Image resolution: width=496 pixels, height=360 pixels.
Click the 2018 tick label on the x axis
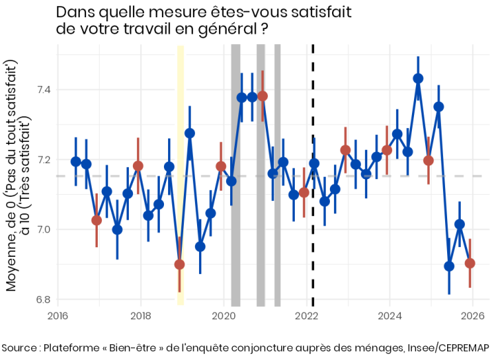(x=141, y=316)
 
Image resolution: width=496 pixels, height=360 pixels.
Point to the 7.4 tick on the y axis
(x=42, y=89)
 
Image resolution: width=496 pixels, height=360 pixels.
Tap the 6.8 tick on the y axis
(x=42, y=299)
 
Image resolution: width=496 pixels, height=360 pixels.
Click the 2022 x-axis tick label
(x=307, y=316)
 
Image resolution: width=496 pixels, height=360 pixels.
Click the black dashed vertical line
(x=313, y=207)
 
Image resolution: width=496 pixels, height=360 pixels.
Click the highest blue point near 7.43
(x=418, y=78)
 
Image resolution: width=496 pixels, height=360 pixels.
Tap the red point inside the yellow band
(x=180, y=264)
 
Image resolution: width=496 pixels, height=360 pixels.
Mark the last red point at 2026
(x=470, y=263)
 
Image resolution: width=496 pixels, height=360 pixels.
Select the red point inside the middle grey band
(x=262, y=96)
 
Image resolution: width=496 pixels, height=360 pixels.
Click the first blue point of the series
(x=76, y=162)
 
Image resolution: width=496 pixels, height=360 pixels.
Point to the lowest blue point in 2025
(x=449, y=266)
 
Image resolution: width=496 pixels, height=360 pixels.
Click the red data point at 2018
(x=138, y=166)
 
